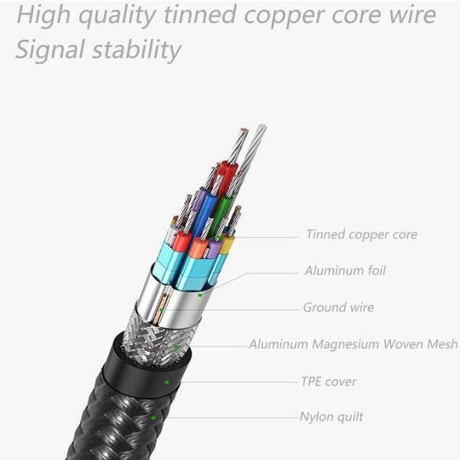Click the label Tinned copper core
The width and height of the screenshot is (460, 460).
(x=361, y=235)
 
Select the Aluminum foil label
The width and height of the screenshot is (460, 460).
(x=345, y=271)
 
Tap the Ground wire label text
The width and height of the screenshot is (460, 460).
(x=339, y=307)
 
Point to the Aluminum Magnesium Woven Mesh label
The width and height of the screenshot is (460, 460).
(x=353, y=343)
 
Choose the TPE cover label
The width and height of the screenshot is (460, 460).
(x=329, y=382)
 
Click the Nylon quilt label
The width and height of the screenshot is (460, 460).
(x=331, y=417)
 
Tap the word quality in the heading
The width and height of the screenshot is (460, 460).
(x=117, y=16)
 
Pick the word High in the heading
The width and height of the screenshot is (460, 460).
(x=44, y=15)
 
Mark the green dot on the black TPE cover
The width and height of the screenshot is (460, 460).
(x=166, y=382)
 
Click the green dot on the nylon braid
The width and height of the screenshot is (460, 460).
(x=153, y=417)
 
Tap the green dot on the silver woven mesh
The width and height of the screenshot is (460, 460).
(x=176, y=347)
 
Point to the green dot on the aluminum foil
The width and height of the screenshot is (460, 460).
(x=200, y=295)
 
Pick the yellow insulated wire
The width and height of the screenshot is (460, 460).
(x=227, y=245)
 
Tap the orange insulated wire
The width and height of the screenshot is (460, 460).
(x=199, y=248)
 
